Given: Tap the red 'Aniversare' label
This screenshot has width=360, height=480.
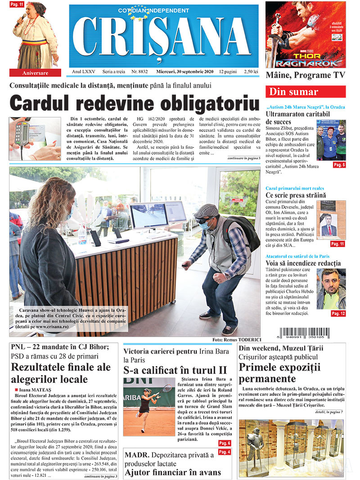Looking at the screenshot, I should (35, 72).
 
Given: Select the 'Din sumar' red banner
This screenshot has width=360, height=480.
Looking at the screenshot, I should (306, 92).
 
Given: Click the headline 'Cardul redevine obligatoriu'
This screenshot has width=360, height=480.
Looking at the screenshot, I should (135, 103).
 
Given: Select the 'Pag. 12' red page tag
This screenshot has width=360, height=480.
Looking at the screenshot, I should (337, 313).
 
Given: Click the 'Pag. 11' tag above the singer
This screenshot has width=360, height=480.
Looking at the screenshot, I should (16, 4).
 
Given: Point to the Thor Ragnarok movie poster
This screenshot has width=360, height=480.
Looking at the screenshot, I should (305, 35).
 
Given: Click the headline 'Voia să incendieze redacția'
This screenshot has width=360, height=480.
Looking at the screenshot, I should (303, 263).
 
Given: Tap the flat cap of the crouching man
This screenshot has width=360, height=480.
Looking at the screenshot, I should (206, 210).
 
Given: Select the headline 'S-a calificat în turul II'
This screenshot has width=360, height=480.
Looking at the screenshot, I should (175, 370).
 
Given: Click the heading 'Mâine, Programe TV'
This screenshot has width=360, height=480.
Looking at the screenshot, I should (305, 75).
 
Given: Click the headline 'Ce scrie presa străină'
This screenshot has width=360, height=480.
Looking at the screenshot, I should (295, 195).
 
